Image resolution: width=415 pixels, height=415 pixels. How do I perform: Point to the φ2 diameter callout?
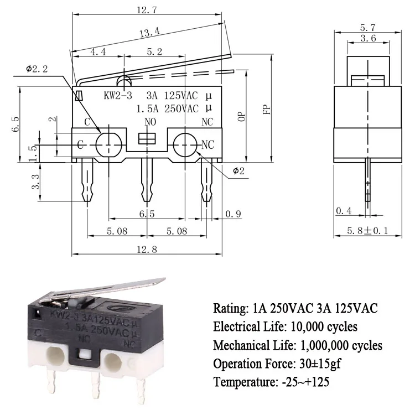point(238,170)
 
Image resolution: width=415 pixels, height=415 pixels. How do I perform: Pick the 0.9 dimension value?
point(232,214)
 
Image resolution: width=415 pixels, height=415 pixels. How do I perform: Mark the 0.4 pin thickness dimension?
point(343,210)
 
